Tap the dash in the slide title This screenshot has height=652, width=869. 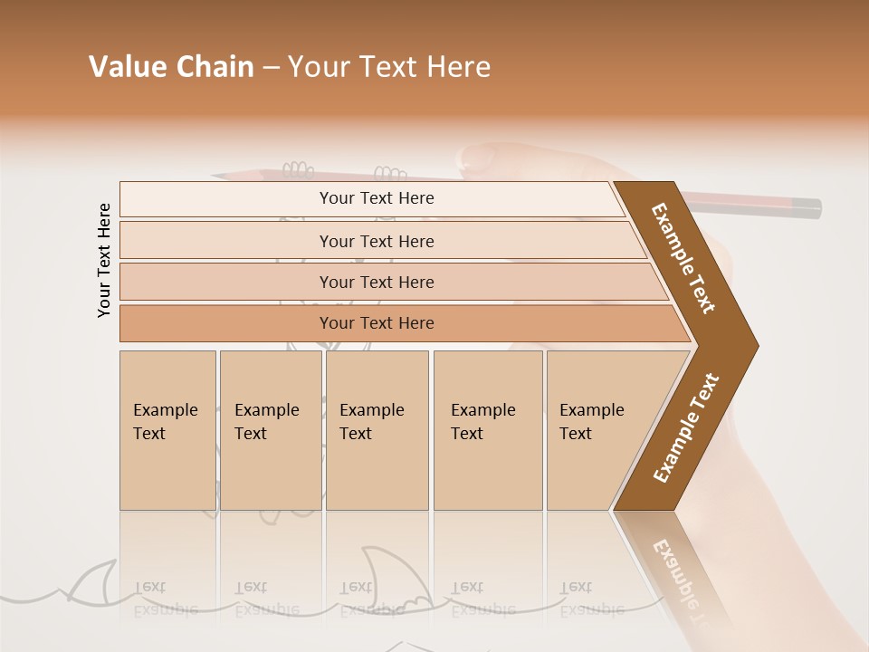click(271, 68)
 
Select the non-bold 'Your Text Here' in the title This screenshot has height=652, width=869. click(389, 67)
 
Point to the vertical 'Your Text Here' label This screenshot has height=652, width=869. click(104, 260)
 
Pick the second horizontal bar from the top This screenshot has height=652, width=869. click(376, 241)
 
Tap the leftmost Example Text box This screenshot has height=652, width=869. click(167, 430)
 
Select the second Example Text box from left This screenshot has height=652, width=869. click(271, 430)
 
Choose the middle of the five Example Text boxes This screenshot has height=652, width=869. click(377, 430)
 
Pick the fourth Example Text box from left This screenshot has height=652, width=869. click(488, 430)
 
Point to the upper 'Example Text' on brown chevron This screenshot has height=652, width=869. click(684, 258)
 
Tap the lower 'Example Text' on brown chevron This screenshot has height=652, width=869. click(686, 427)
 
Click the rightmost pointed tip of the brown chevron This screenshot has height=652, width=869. click(757, 346)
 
